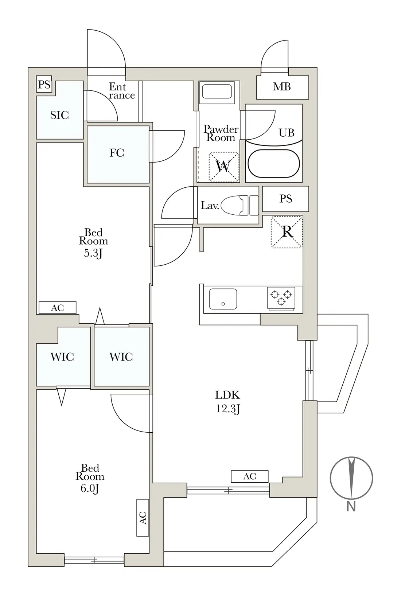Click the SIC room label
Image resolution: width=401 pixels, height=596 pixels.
click(60, 115)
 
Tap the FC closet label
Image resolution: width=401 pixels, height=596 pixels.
click(117, 153)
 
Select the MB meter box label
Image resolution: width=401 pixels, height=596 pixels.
click(282, 86)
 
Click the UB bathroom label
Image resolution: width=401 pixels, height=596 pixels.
click(287, 132)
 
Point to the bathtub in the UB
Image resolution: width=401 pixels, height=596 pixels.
click(274, 163)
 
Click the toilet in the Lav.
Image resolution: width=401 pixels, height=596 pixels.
click(240, 205)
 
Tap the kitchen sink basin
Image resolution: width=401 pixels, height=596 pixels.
click(223, 299)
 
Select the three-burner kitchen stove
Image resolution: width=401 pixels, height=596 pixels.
click(281, 299)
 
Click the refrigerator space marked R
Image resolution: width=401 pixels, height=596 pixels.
click(287, 232)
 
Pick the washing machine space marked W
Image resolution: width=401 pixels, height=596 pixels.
click(224, 167)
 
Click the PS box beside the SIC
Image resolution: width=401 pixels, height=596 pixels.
click(44, 84)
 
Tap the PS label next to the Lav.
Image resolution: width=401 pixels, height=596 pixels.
click(285, 199)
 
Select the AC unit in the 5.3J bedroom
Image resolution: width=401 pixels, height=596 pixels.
click(58, 308)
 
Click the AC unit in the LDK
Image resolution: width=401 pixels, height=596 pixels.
click(250, 476)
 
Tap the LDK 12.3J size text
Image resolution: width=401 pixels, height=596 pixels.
click(228, 409)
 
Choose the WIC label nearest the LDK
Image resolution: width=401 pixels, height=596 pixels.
click(121, 357)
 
